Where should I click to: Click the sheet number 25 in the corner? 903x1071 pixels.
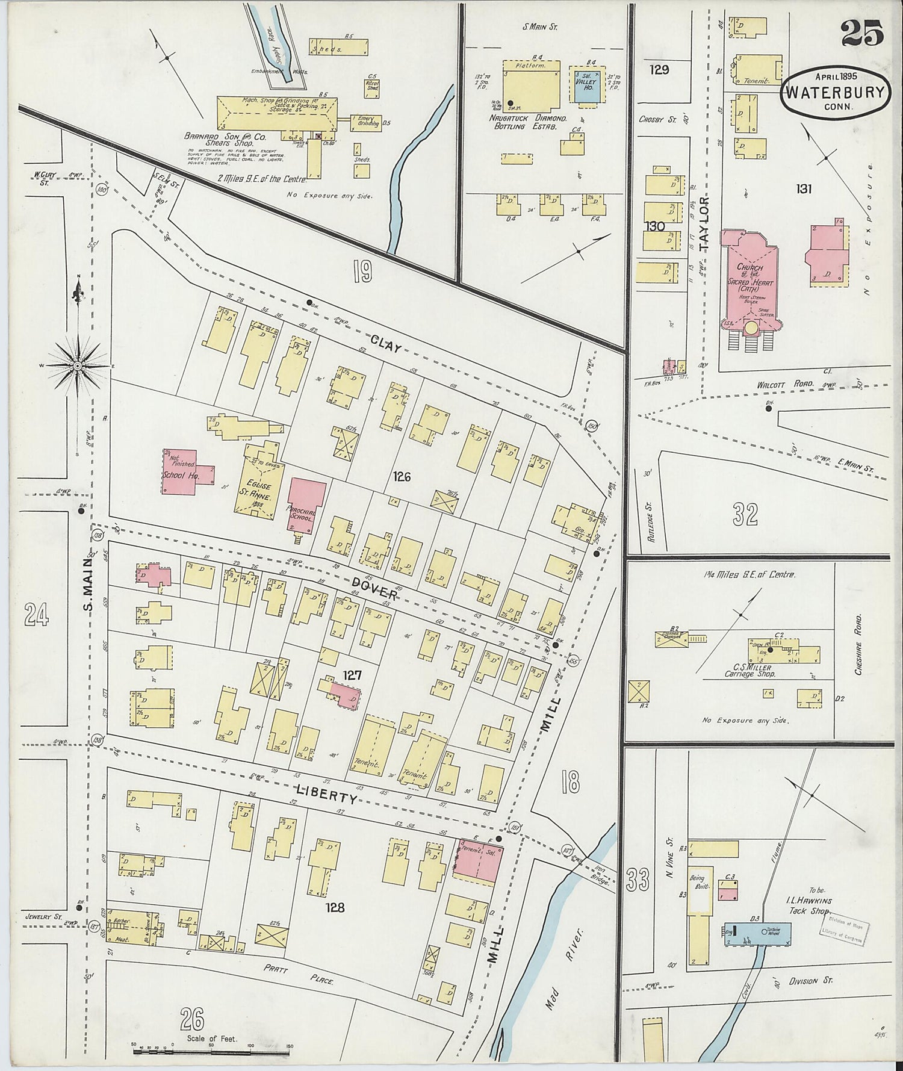(x=862, y=33)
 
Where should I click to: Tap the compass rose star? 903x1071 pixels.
(x=78, y=365)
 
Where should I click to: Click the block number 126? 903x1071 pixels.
(x=402, y=477)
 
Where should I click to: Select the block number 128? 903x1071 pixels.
(x=335, y=907)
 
